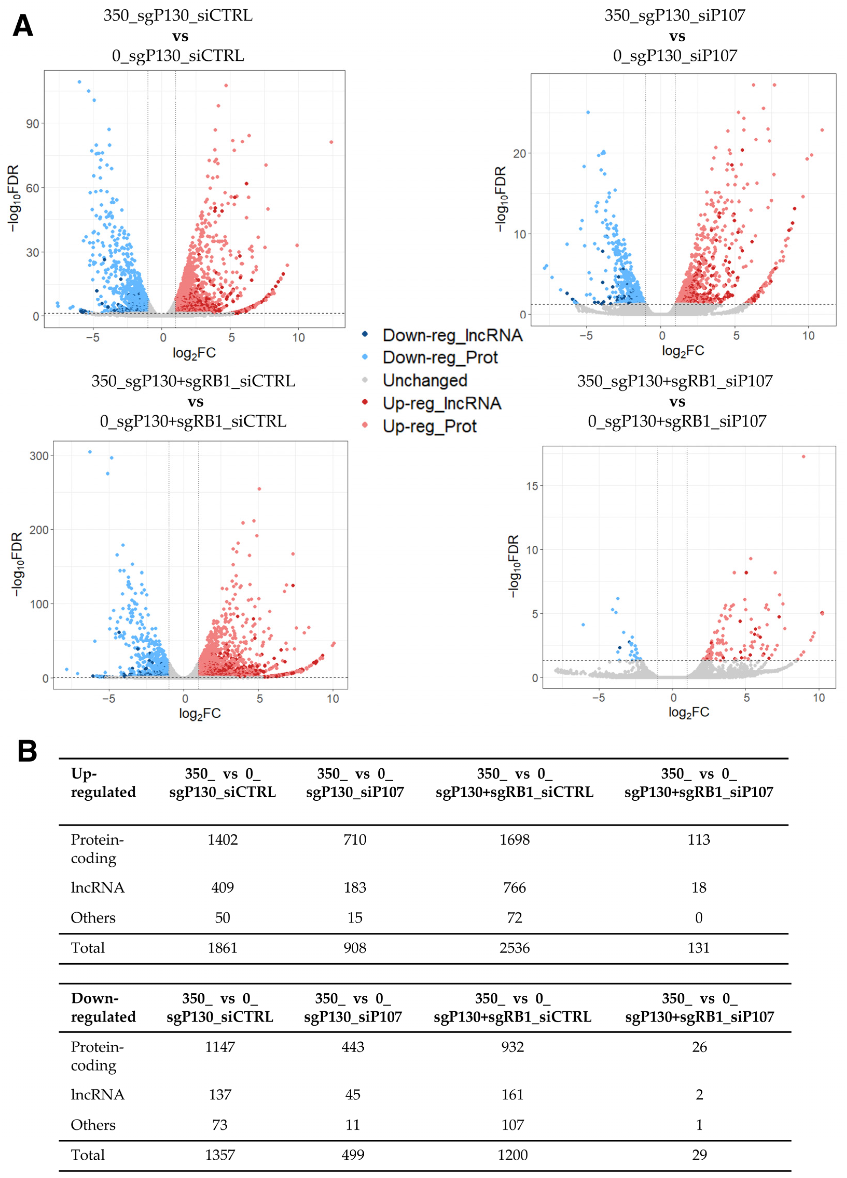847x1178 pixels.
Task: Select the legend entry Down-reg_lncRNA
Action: [x=452, y=335]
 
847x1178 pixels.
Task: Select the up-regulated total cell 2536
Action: [x=514, y=948]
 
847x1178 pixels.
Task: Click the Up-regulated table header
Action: [x=103, y=783]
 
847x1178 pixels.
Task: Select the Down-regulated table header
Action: [x=103, y=1007]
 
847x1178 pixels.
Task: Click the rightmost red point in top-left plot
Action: [x=331, y=142]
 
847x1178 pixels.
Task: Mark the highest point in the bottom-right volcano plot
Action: [x=803, y=457]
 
